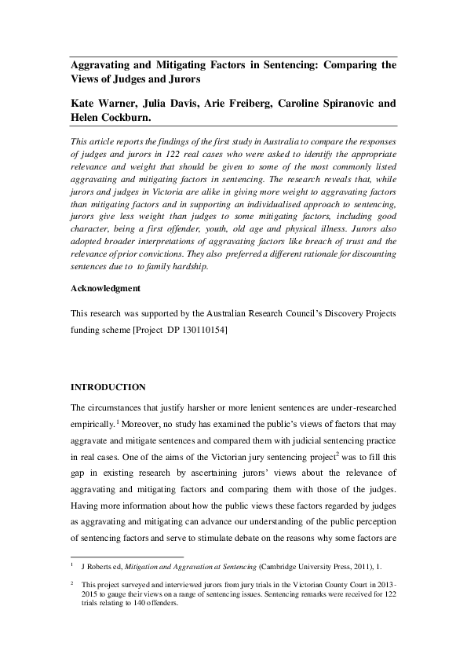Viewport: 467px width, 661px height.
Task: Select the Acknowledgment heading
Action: tap(106, 288)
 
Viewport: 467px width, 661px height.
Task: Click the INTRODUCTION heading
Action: tap(108, 387)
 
